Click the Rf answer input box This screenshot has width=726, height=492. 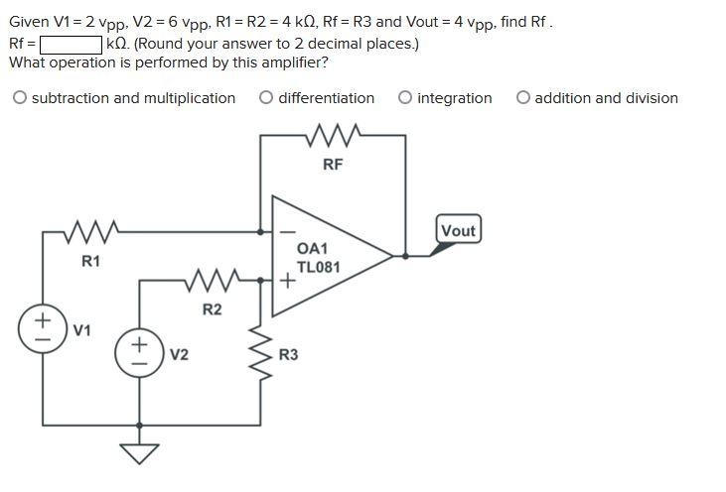pyautogui.click(x=72, y=44)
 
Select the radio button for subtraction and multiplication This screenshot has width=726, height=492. pyautogui.click(x=20, y=98)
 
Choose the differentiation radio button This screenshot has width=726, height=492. pyautogui.click(x=266, y=98)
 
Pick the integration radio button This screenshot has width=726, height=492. pyautogui.click(x=405, y=98)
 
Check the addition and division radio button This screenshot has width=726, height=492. pyautogui.click(x=523, y=98)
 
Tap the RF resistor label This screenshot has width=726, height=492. pyautogui.click(x=333, y=165)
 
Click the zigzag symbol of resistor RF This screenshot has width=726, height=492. pyautogui.click(x=333, y=133)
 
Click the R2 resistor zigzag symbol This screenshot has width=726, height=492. pyautogui.click(x=213, y=280)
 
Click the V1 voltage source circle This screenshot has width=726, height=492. pyautogui.click(x=43, y=328)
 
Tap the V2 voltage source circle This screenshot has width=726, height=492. pyautogui.click(x=139, y=353)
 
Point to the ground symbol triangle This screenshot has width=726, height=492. pyautogui.click(x=139, y=452)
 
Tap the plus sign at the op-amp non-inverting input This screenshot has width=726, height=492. pyautogui.click(x=287, y=281)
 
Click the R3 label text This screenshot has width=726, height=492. pyautogui.click(x=288, y=354)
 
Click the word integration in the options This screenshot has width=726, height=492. pyautogui.click(x=455, y=98)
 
